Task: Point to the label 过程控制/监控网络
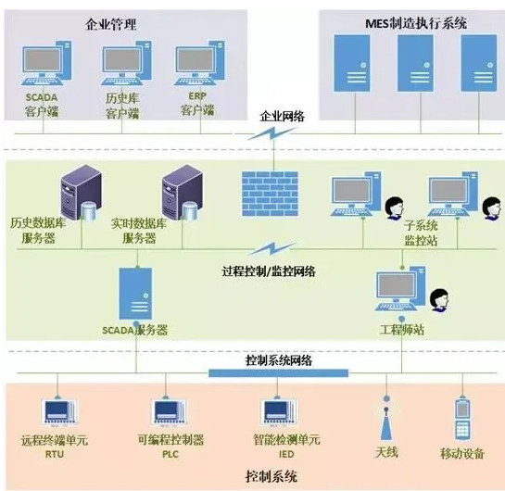click(269, 271)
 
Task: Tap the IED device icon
click(278, 412)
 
